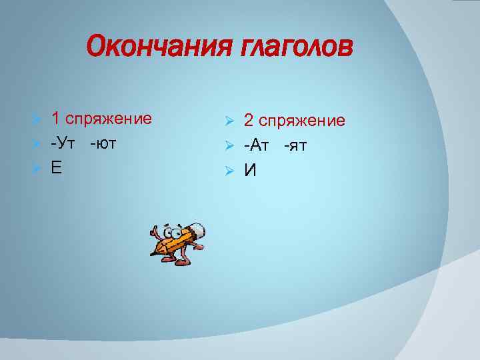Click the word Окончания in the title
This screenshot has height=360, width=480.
157,47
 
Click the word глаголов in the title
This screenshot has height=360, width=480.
294,47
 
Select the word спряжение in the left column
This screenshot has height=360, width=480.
109,120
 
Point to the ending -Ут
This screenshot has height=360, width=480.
63,143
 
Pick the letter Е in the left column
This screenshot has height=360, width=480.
57,167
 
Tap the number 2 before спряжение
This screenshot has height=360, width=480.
249,121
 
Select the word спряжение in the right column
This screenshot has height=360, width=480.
302,122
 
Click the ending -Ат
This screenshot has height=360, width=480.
257,145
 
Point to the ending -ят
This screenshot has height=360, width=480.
295,145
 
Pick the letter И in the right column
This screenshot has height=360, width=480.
250,171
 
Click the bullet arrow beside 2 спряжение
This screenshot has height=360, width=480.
229,121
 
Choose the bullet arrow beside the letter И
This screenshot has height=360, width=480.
229,171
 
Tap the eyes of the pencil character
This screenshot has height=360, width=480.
176,233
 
